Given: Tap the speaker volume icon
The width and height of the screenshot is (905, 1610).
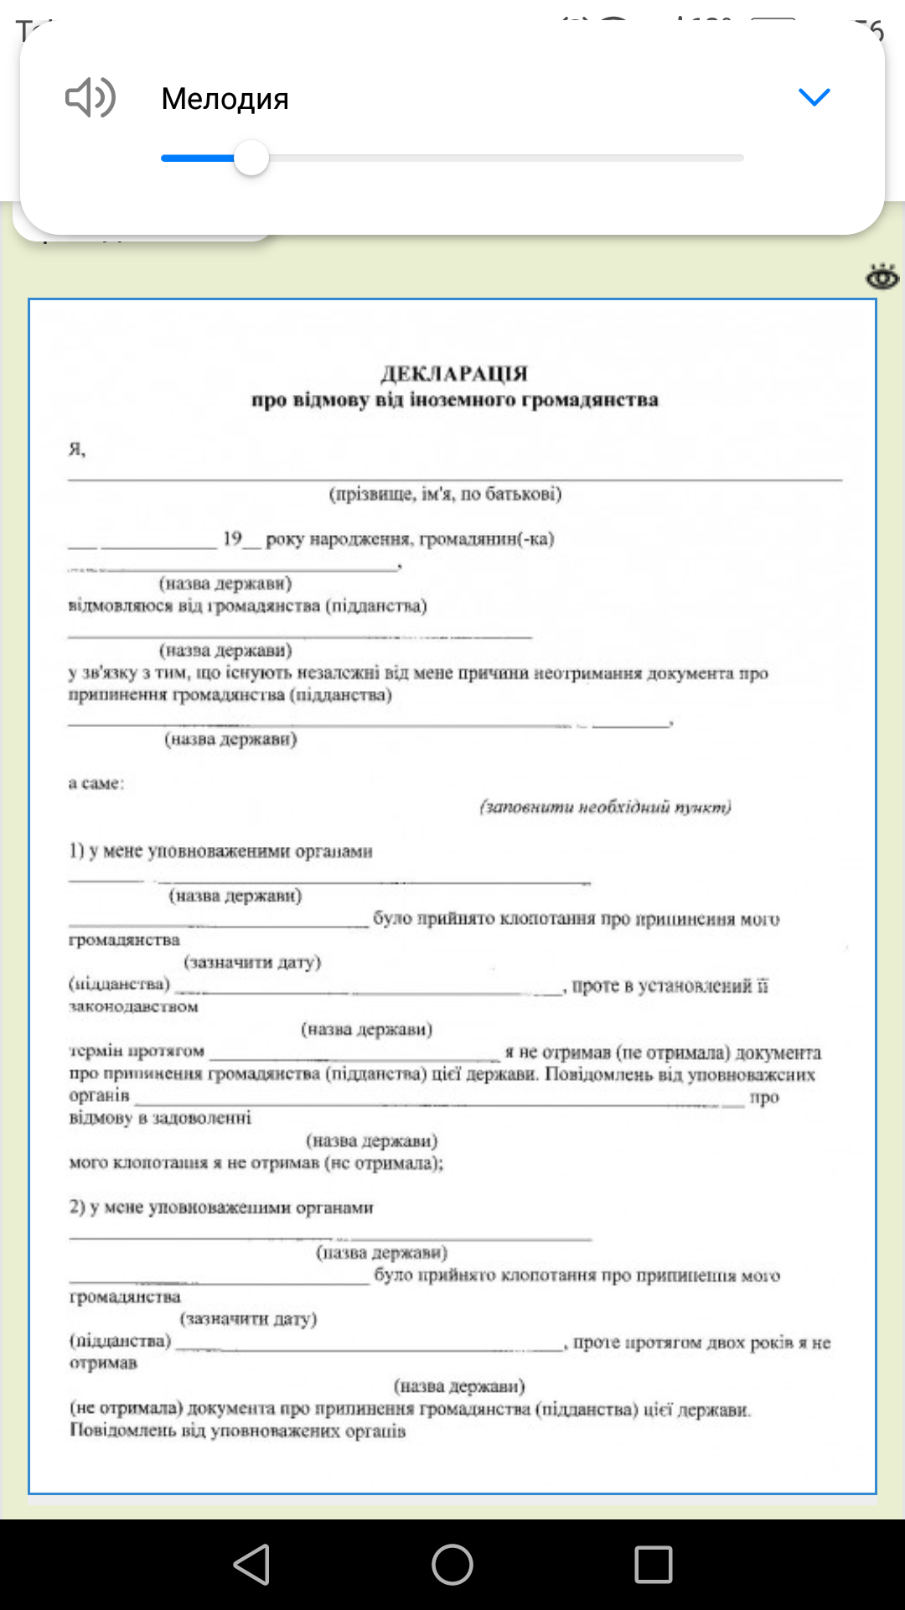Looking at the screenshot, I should pyautogui.click(x=90, y=98).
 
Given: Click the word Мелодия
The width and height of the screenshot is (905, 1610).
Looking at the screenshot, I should pyautogui.click(x=225, y=99).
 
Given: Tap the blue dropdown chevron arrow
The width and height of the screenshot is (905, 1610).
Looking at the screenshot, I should pyautogui.click(x=814, y=97).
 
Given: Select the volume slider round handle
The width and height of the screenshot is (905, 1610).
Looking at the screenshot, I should pyautogui.click(x=251, y=158).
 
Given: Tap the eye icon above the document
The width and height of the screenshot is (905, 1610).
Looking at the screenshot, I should pyautogui.click(x=882, y=277).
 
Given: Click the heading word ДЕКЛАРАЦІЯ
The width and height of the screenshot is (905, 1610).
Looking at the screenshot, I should pyautogui.click(x=454, y=373).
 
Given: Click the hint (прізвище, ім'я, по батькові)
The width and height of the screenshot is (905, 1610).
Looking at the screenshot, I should pyautogui.click(x=445, y=494).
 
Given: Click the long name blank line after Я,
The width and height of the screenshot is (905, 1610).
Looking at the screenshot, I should pyautogui.click(x=454, y=476).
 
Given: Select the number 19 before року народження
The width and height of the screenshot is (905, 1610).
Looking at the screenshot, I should pyautogui.click(x=232, y=538).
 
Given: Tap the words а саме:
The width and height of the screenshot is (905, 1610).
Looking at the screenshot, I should pyautogui.click(x=96, y=783).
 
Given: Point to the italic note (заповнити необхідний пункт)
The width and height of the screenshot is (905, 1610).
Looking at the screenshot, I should pyautogui.click(x=605, y=807).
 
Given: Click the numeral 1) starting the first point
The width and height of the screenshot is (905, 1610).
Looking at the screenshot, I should pyautogui.click(x=76, y=851).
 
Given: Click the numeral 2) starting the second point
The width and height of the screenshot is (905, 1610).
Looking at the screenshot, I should pyautogui.click(x=77, y=1207).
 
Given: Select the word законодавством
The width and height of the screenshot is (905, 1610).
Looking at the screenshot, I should pyautogui.click(x=133, y=1006).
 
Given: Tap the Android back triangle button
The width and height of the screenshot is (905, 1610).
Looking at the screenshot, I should pyautogui.click(x=251, y=1565).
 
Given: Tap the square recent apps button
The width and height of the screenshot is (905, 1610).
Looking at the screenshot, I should pyautogui.click(x=654, y=1565).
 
